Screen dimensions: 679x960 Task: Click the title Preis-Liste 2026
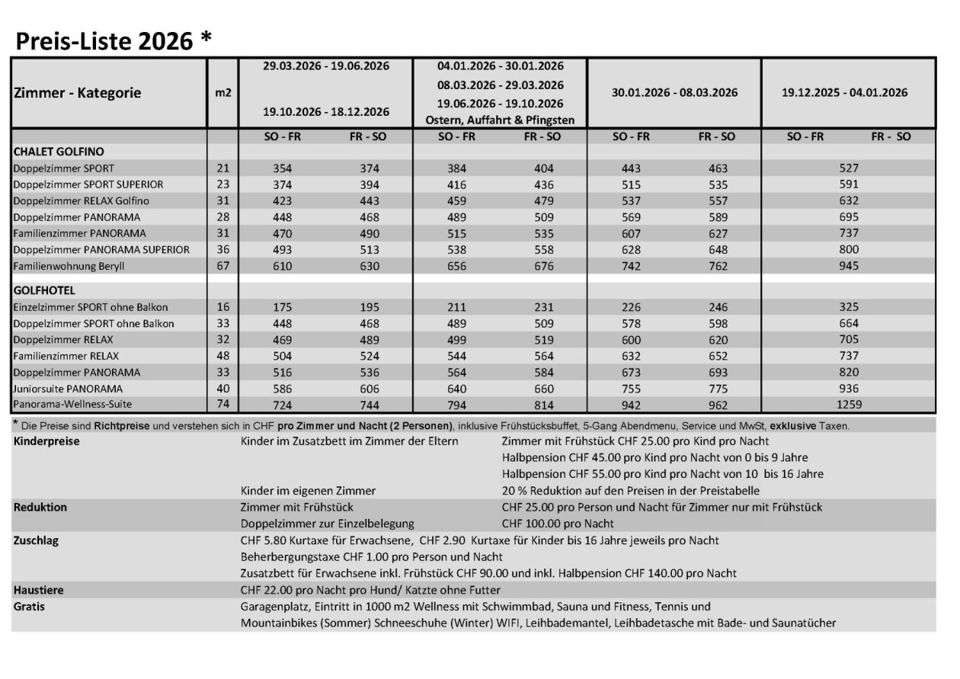click(x=112, y=41)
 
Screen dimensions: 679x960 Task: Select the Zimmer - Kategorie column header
click(x=78, y=93)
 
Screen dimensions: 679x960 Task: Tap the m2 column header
click(x=223, y=93)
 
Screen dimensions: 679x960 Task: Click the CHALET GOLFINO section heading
click(x=59, y=152)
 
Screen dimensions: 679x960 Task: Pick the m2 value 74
click(x=223, y=405)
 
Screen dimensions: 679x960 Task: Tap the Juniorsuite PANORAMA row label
click(x=68, y=389)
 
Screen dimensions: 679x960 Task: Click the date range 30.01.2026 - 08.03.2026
click(x=674, y=93)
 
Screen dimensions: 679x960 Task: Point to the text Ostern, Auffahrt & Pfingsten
click(x=501, y=120)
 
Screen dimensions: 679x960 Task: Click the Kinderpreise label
click(x=46, y=441)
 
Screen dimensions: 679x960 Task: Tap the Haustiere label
click(x=38, y=590)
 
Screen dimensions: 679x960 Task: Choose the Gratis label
click(x=30, y=607)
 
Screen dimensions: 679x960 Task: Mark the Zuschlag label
click(x=37, y=540)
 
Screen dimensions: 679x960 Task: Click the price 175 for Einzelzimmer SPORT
click(x=283, y=307)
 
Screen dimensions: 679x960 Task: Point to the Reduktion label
click(x=40, y=507)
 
